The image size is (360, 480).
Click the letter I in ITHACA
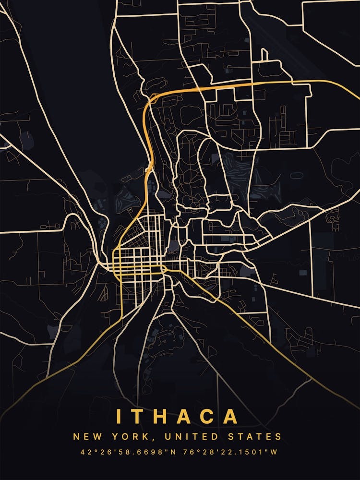pyautogui.click(x=119, y=416)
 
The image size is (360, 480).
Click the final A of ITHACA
pyautogui.click(x=232, y=416)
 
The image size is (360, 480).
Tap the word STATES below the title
pyautogui.click(x=259, y=437)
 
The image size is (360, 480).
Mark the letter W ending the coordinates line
pyautogui.click(x=275, y=452)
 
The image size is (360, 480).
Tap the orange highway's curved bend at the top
pyautogui.click(x=153, y=98)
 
